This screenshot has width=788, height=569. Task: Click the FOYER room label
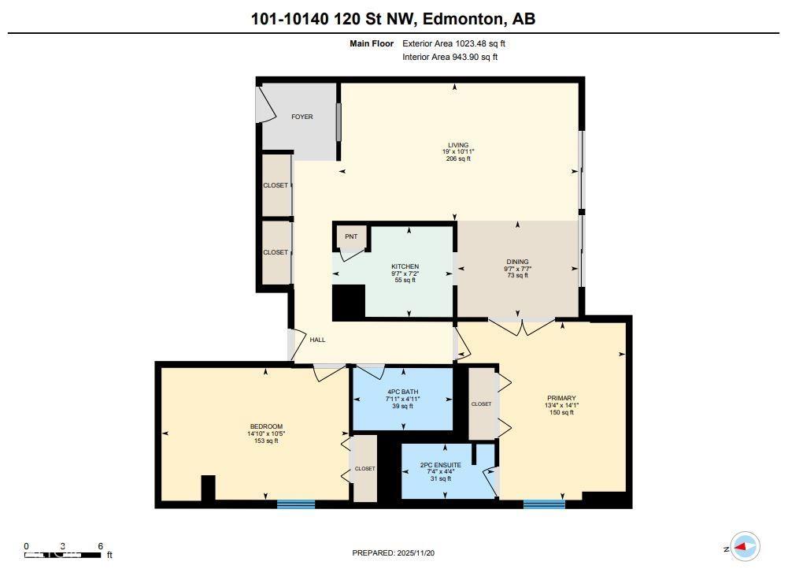pos(302,117)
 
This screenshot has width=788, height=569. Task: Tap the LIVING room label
pos(458,145)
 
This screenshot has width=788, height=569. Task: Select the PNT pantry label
pos(350,236)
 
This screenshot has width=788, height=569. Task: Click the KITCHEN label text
pos(405,266)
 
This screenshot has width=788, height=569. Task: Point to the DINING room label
pos(517,262)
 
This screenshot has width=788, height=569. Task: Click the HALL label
pos(317,340)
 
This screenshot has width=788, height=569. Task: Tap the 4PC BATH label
pos(402,392)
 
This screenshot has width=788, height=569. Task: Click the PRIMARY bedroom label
pos(561,398)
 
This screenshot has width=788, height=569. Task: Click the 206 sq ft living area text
pos(458,159)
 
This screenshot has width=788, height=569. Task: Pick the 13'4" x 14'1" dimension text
pos(561,406)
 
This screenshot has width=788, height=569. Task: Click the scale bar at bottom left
pos(63,555)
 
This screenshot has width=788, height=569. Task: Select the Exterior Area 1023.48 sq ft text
pos(449,44)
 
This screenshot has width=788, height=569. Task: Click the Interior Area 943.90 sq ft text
pos(449,57)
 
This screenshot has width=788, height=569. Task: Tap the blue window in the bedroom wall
pos(296,504)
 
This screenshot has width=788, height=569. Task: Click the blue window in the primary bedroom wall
pos(544,504)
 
